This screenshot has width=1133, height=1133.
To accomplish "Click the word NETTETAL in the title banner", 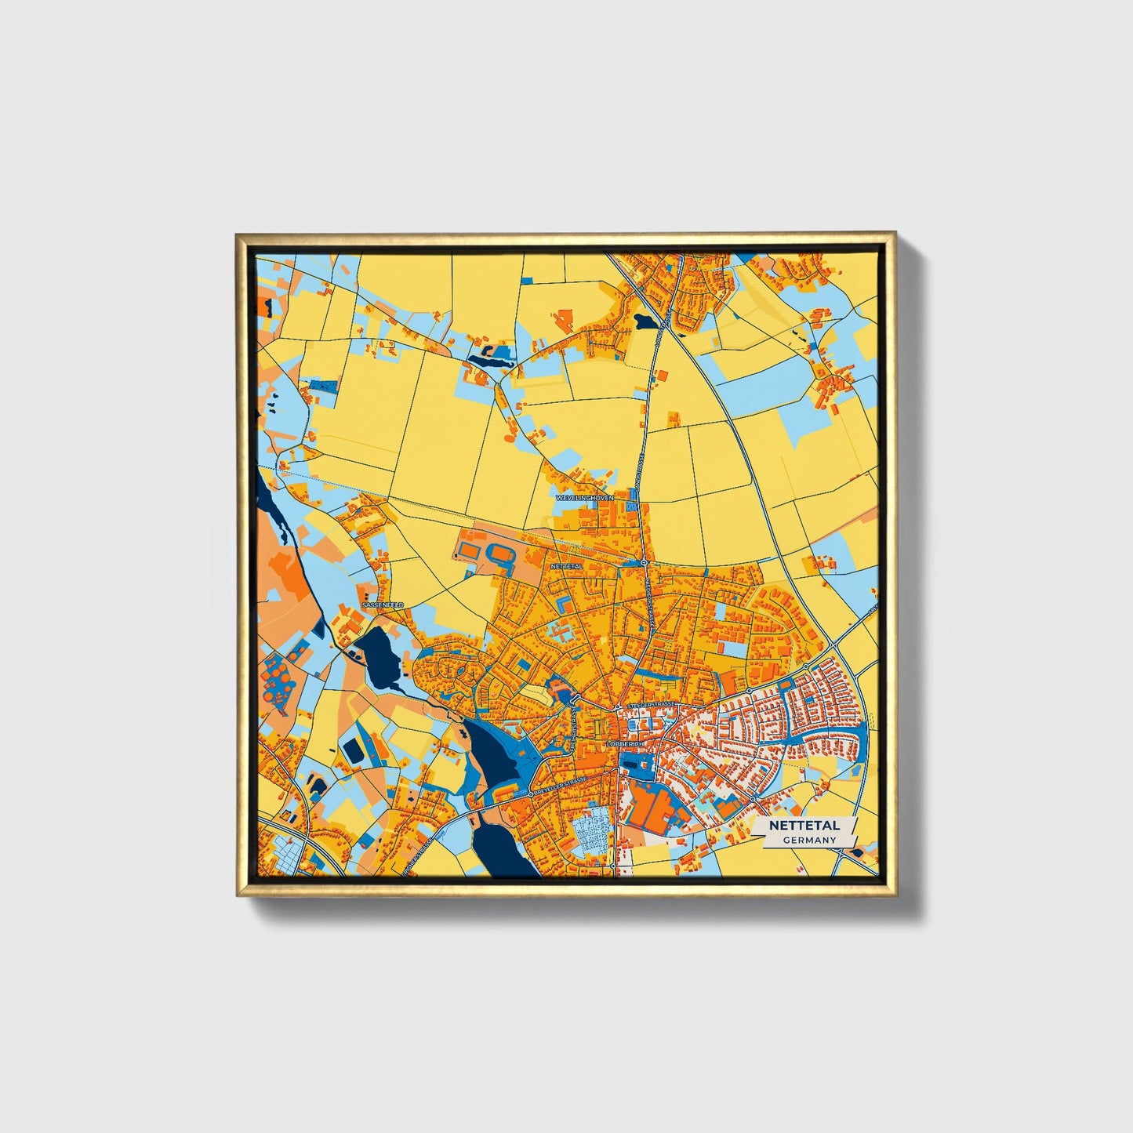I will coord(804,826).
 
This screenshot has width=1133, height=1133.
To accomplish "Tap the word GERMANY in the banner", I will coord(809,840).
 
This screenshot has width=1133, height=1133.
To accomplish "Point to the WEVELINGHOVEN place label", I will coord(585,498).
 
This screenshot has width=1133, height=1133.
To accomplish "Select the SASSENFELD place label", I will coord(383,605).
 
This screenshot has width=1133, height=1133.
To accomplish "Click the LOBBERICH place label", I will coord(625,743).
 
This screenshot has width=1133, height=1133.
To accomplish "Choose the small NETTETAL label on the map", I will coord(567,565).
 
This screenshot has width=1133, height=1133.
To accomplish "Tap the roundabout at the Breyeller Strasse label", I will coord(532,794).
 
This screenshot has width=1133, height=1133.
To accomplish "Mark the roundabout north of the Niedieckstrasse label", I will coord(643,563).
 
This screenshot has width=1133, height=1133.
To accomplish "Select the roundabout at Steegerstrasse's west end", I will coord(619,708).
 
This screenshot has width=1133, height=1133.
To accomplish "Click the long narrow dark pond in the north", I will coord(491,361).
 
